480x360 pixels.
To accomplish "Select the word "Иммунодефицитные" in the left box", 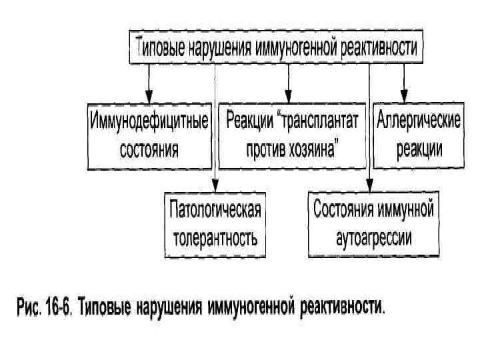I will [x=149, y=123].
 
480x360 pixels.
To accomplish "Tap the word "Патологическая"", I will [x=215, y=211].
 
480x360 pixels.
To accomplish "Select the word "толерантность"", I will [x=215, y=237].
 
